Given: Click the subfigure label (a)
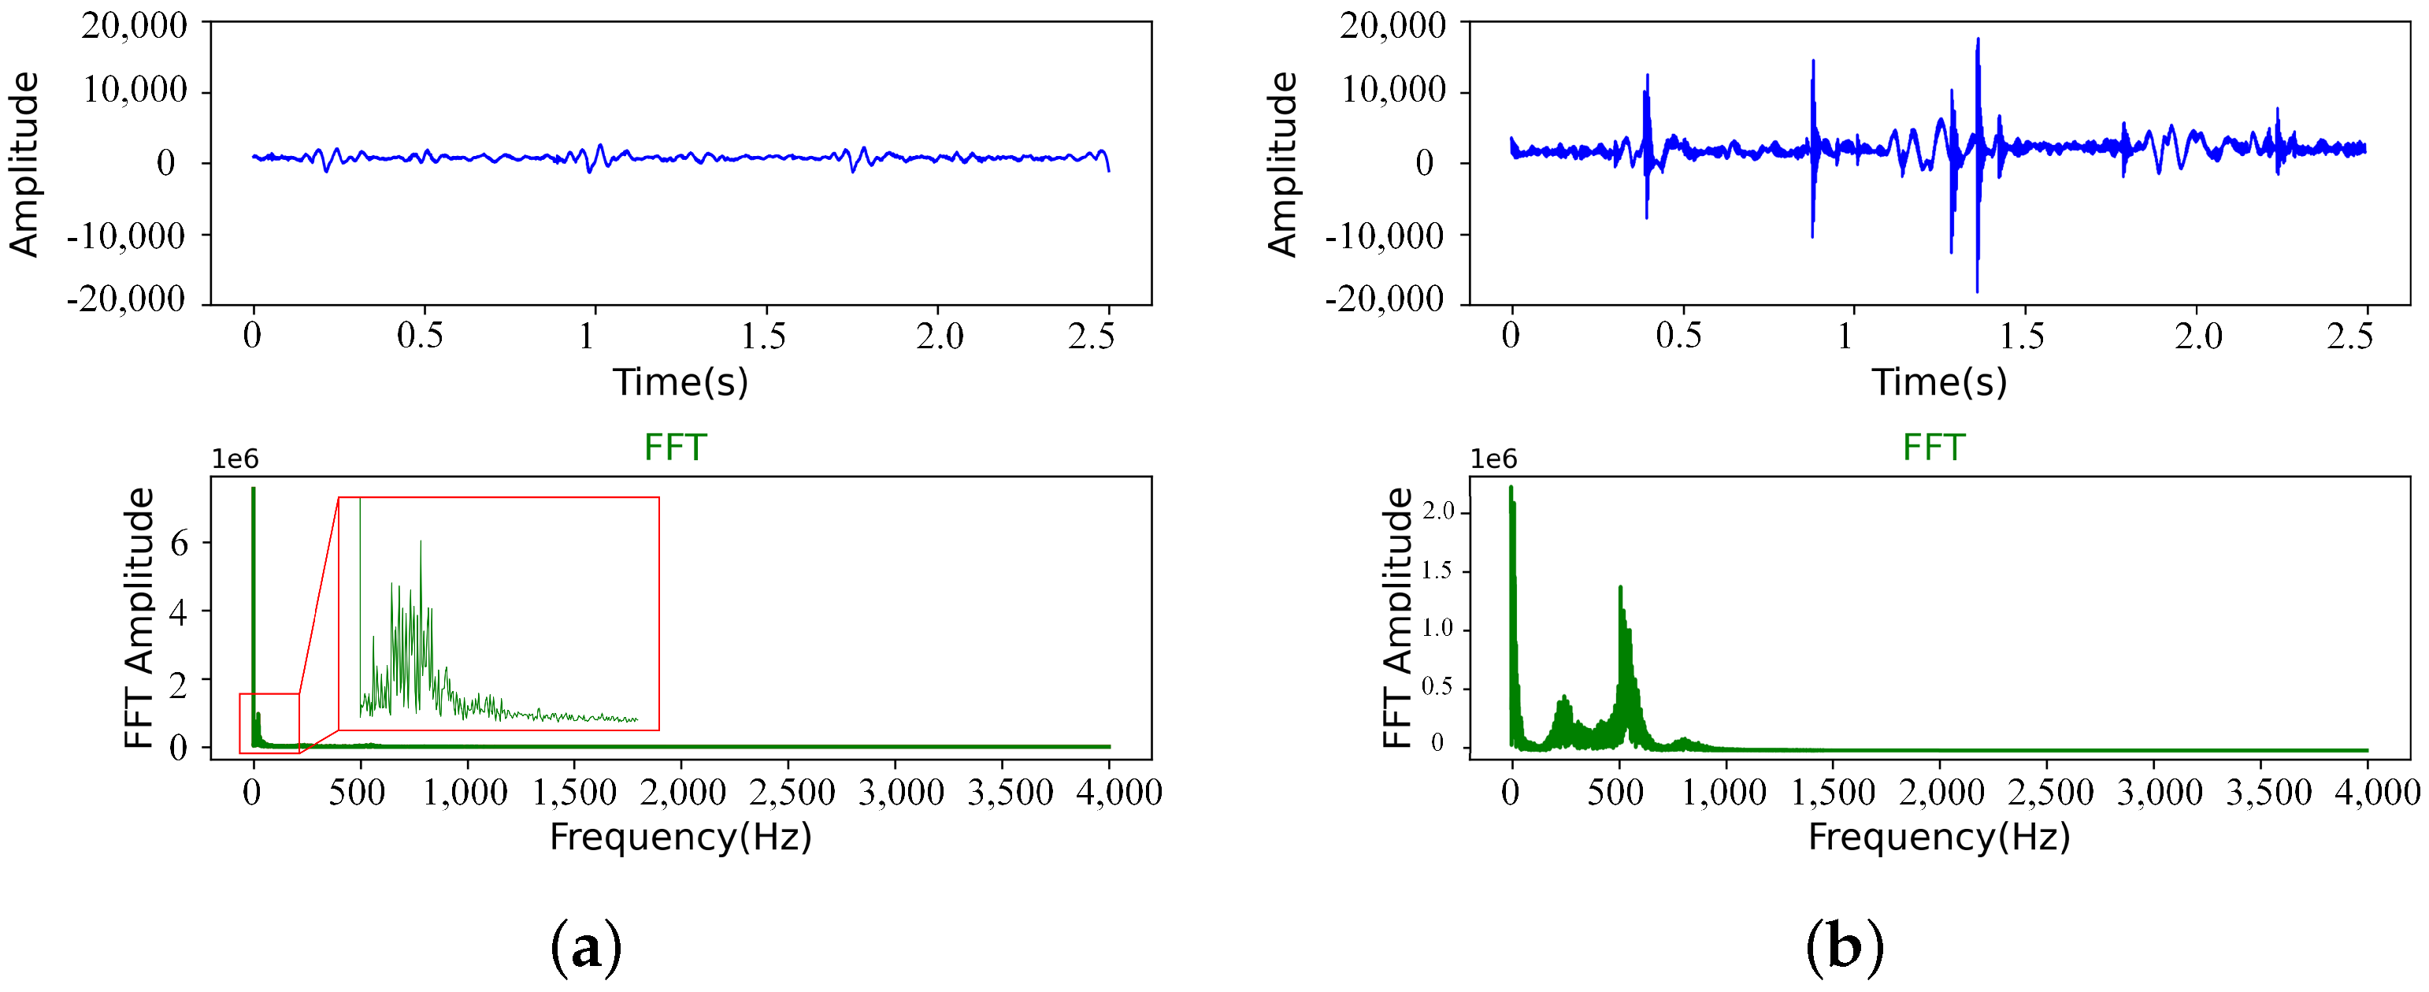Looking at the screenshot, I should (585, 947).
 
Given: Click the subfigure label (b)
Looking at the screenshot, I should (1845, 947).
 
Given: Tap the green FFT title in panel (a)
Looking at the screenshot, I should (675, 447).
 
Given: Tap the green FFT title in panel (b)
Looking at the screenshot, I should (1934, 447).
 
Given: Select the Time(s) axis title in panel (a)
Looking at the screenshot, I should (680, 382).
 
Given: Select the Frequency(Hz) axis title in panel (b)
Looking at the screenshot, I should (1938, 837).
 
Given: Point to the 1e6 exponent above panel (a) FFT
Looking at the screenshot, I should (235, 459).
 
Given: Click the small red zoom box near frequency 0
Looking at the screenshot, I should (269, 723).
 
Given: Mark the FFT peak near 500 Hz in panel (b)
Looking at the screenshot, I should (1620, 590).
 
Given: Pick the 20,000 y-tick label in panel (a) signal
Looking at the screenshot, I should (134, 25).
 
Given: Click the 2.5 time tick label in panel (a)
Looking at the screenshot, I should (1091, 336).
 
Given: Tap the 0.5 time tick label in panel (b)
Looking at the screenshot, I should (1678, 336).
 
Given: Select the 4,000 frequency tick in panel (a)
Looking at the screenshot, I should (1118, 792).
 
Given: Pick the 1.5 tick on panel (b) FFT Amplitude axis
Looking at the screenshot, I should (1438, 570).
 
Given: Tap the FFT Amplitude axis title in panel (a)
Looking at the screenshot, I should (139, 618).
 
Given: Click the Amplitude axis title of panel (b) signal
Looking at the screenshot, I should (1282, 164).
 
